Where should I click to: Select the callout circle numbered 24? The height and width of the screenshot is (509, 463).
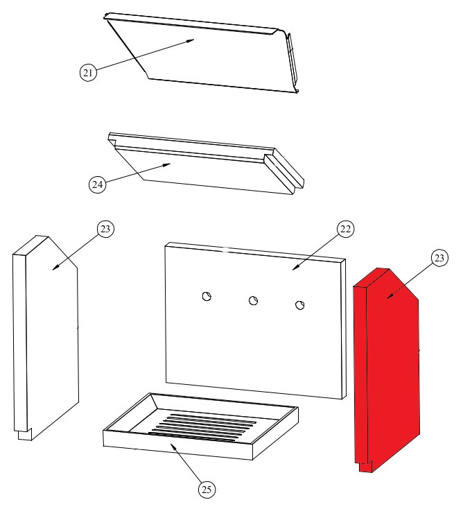point(98,184)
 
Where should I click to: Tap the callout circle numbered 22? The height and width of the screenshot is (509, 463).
point(345,229)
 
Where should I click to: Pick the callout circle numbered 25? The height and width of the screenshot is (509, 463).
point(206,490)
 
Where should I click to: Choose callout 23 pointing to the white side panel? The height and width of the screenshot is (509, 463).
point(104,230)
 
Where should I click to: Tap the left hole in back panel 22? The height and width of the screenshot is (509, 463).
point(207,296)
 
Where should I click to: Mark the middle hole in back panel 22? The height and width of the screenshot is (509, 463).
point(253,300)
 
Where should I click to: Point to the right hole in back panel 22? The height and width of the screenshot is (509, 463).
point(300,305)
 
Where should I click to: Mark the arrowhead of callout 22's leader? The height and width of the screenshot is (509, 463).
point(294,268)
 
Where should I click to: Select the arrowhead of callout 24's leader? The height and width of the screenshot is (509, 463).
point(171,164)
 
